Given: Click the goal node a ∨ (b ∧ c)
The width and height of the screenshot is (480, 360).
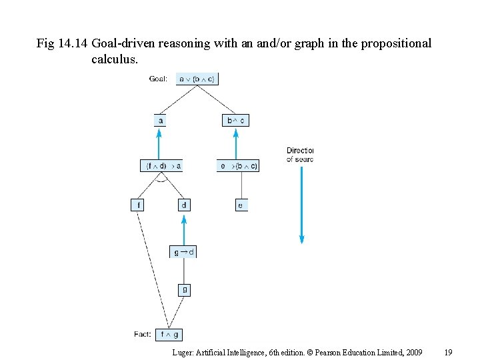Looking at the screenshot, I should click(197, 79).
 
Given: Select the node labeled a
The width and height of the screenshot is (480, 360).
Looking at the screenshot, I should click(160, 121).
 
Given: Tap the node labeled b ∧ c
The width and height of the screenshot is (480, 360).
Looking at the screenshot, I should click(235, 121).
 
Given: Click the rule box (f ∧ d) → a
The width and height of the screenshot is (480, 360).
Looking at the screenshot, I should click(161, 165).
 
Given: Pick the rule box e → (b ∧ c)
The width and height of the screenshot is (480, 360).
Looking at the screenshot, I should click(238, 165).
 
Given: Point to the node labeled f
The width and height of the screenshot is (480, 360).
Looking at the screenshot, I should click(137, 205).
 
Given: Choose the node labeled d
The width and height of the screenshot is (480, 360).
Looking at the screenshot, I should click(184, 205).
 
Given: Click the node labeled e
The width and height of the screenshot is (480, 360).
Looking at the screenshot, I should click(240, 205).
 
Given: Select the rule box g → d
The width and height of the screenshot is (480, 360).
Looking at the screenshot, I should click(184, 252).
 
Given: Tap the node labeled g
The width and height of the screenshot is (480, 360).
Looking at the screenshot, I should click(184, 289).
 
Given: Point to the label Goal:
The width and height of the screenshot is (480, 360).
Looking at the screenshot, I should click(159, 79).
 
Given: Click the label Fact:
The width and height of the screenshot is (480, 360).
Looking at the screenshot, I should click(143, 334).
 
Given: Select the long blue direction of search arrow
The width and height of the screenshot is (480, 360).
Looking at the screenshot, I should click(301, 203).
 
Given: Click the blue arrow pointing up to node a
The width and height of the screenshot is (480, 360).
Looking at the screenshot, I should click(159, 143).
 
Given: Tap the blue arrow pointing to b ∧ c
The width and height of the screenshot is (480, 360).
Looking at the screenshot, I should click(235, 143).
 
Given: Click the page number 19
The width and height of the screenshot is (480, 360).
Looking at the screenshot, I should click(449, 351).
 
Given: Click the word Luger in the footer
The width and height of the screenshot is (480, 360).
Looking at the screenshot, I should click(183, 351).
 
